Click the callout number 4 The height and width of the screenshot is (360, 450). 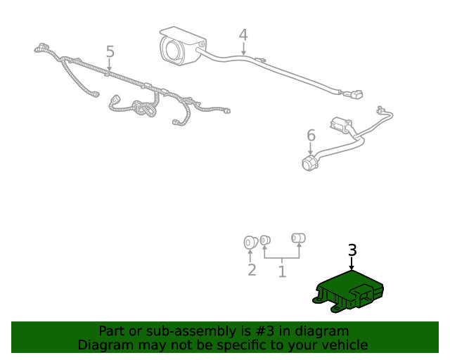pos(243,34)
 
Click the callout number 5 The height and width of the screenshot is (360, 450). pos(110,51)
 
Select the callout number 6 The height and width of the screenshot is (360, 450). pos(311,135)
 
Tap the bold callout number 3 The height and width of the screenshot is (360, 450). pos(352,250)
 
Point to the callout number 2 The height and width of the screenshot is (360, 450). pos(252,270)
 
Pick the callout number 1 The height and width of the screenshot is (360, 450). pos(282,271)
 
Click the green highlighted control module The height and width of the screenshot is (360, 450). pos(348,291)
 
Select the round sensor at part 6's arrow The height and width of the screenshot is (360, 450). pos(309,163)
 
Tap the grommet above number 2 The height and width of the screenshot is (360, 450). pos(251,243)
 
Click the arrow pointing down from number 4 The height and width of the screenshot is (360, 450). pos(243,49)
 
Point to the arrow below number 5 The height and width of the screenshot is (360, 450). pos(109,64)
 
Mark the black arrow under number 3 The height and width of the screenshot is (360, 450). pos(352,264)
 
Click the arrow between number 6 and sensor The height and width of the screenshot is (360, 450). pos(310,148)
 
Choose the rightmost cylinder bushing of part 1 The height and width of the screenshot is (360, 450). pos(298,238)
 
